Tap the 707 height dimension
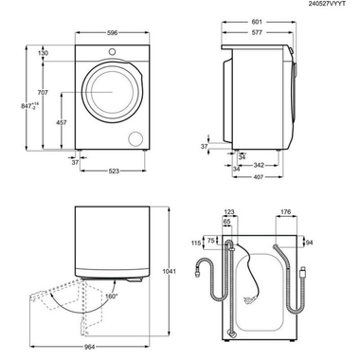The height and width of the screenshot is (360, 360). [x=42, y=94]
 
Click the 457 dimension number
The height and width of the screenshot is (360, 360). [x=62, y=123]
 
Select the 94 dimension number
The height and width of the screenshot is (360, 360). [x=310, y=243]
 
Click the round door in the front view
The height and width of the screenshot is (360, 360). [x=113, y=95]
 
